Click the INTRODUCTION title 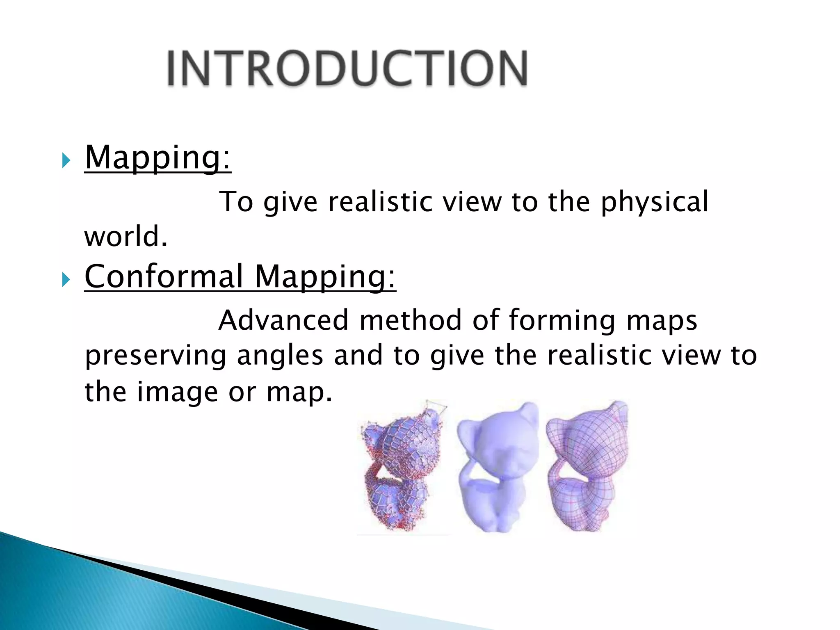[x=347, y=68]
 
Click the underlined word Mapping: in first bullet [x=157, y=157]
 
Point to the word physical [x=655, y=202]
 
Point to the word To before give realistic [x=236, y=202]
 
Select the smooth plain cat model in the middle [x=496, y=468]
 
